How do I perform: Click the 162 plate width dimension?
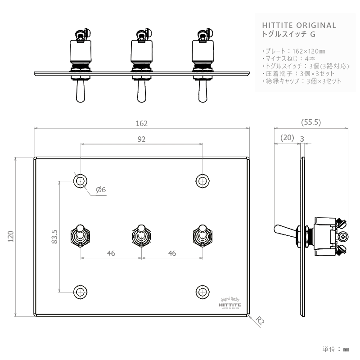pos(141,123)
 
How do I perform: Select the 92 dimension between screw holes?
pos(141,139)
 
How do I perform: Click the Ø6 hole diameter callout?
pos(101,190)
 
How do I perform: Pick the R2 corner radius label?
pos(259,320)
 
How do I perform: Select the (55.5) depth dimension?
pos(310,122)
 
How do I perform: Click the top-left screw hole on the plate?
pos(80,180)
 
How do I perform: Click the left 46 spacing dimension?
pos(111,253)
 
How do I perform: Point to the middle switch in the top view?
pos(141,63)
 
